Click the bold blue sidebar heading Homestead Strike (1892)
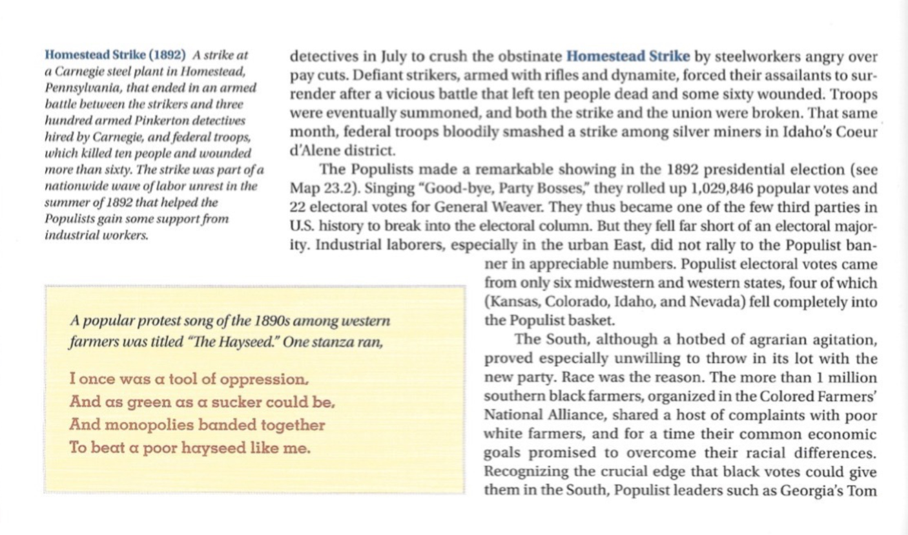[x=116, y=54]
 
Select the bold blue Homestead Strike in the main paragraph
[x=628, y=56]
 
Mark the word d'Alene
[x=315, y=151]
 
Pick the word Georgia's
[x=812, y=490]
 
